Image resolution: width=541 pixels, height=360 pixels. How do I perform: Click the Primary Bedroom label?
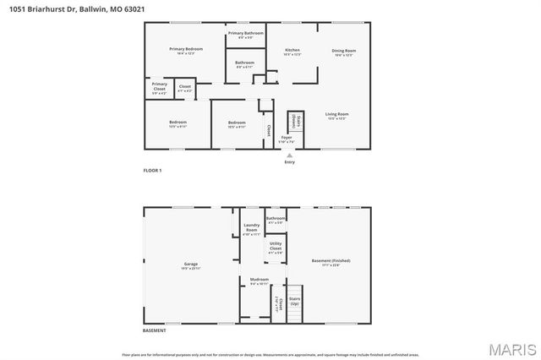click(x=185, y=51)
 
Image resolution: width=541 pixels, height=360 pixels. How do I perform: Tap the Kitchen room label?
click(x=292, y=51)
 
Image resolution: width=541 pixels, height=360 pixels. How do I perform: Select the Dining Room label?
click(x=344, y=52)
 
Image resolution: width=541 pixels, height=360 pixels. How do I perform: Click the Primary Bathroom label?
click(x=246, y=34)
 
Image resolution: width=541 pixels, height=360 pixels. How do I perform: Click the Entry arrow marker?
click(x=290, y=155)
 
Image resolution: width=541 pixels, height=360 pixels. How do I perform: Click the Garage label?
click(x=191, y=265)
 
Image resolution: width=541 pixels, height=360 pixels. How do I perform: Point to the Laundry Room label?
click(x=252, y=227)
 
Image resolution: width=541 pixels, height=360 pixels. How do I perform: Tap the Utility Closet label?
click(x=276, y=247)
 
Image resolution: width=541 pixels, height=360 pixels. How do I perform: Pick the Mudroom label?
click(x=259, y=281)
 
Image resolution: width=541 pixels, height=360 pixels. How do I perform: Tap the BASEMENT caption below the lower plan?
click(x=154, y=330)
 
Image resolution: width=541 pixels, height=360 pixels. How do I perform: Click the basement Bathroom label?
click(x=276, y=220)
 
